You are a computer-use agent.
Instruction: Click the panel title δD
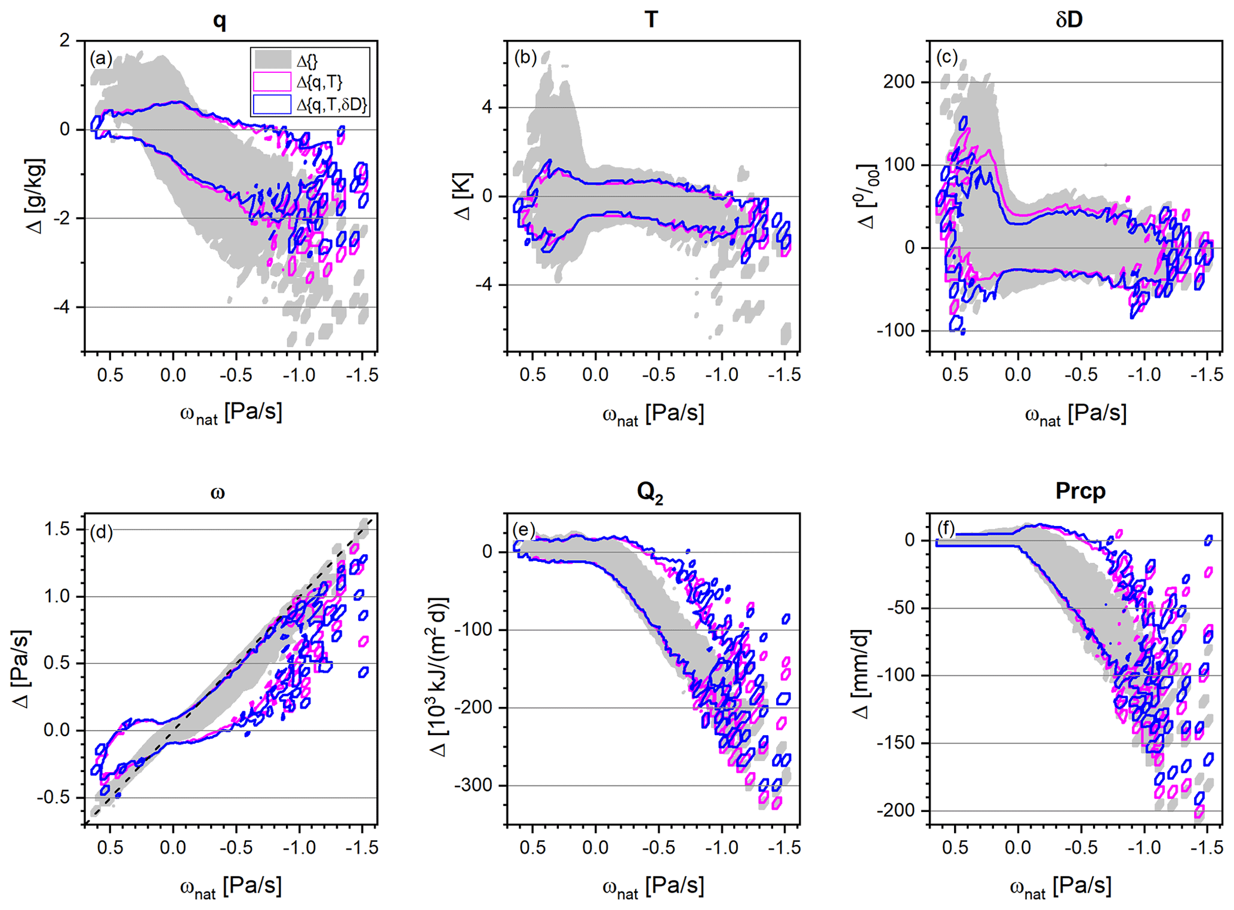click(1069, 20)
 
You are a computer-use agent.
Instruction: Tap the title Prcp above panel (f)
click(1080, 491)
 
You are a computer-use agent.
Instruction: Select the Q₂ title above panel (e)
click(650, 493)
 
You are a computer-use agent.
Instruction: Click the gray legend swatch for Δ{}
click(272, 60)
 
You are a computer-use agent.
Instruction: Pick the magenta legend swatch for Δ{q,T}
click(272, 82)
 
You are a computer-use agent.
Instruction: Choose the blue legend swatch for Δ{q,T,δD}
click(272, 104)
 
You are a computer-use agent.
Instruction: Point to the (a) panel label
click(101, 59)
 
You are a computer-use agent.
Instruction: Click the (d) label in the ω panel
click(101, 531)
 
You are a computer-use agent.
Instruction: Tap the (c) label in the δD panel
click(947, 57)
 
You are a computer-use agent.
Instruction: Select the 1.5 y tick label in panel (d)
click(57, 530)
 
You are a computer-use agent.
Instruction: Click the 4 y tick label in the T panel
click(487, 107)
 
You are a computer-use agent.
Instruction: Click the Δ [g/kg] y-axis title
click(36, 196)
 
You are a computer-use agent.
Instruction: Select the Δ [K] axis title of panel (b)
click(463, 196)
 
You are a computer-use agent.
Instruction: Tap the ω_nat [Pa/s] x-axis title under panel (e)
click(653, 886)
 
